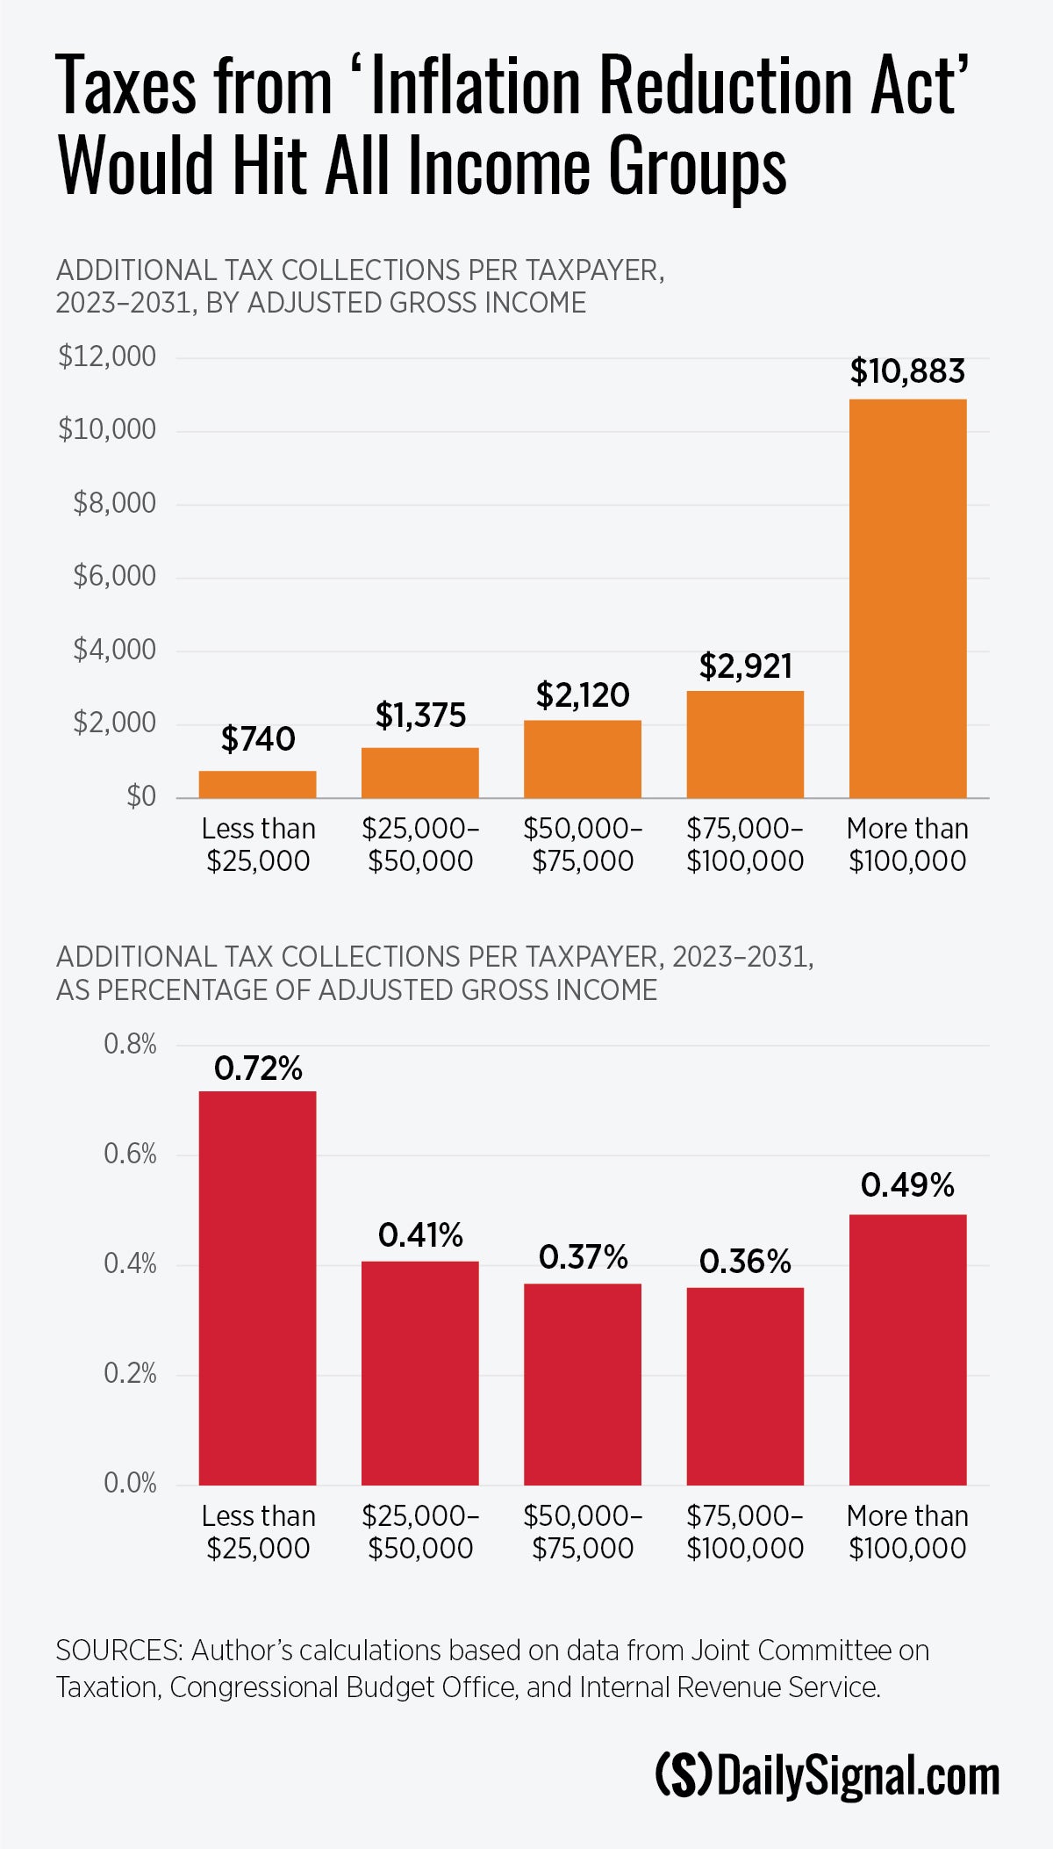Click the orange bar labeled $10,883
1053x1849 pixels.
coord(907,598)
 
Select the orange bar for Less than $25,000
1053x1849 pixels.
coord(257,784)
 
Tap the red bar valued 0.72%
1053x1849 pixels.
coord(257,1288)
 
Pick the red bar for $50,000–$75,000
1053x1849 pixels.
coord(583,1385)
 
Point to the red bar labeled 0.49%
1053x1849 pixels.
coord(907,1349)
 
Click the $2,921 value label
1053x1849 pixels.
coord(745,666)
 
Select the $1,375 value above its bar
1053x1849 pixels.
coord(420,716)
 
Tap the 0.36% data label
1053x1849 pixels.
coord(745,1262)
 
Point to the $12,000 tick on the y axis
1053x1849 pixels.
coord(107,356)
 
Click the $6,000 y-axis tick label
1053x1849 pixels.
coord(114,576)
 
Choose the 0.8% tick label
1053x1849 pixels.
coord(130,1044)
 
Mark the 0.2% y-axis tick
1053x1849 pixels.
coord(130,1373)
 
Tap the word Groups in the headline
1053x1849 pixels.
coord(698,166)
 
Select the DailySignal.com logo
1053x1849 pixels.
coord(827,1775)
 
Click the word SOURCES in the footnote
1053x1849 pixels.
coord(118,1651)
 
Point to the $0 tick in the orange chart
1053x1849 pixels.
coord(140,796)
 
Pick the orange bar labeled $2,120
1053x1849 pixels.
coord(583,759)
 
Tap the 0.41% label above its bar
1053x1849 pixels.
coord(420,1235)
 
